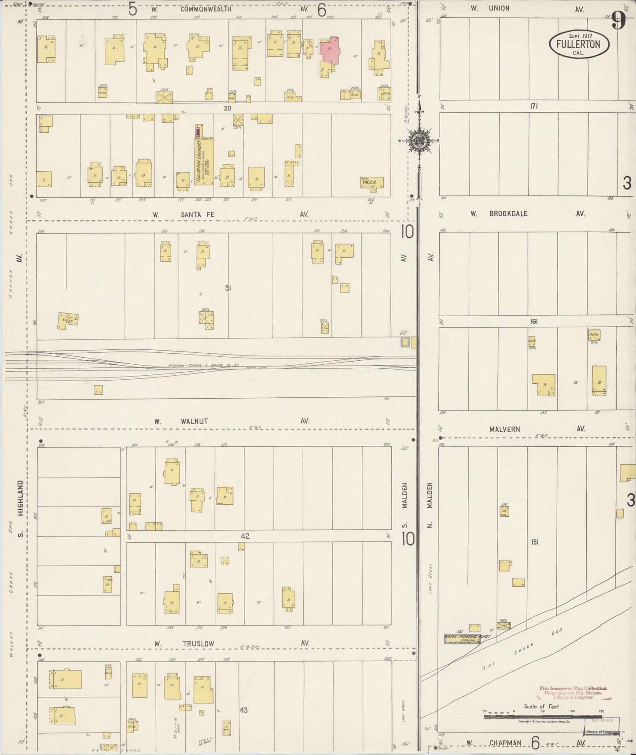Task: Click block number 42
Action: [x=245, y=536]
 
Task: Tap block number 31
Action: [x=228, y=288]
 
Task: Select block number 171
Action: [x=534, y=106]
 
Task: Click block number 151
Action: [x=535, y=542]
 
